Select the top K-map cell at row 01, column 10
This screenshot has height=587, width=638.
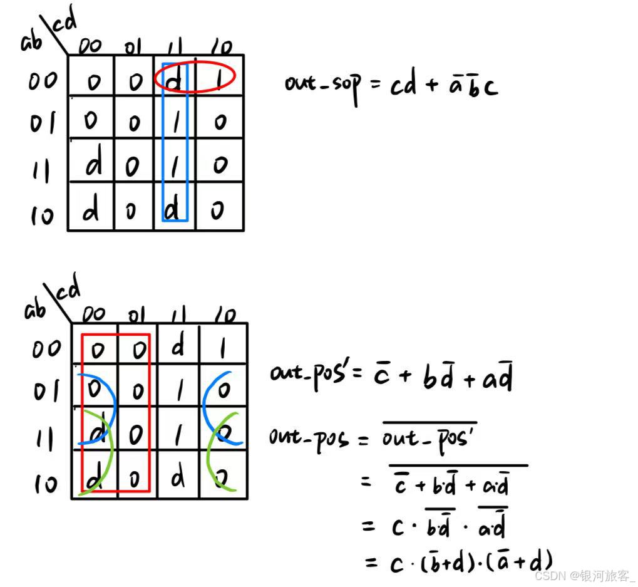pos(219,121)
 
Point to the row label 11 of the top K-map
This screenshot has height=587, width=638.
pos(41,169)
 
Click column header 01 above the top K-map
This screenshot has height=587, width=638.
pos(133,47)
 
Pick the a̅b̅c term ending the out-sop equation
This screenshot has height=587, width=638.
pos(473,85)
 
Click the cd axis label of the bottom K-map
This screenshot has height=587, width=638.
pos(69,291)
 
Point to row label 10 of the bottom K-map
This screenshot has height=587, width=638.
pos(45,483)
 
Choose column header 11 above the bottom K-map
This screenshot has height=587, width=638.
pos(178,314)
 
